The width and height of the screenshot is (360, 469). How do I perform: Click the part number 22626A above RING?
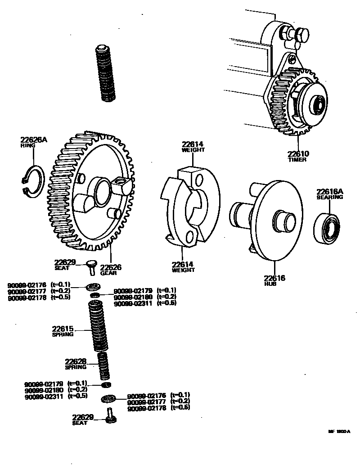coord(33,140)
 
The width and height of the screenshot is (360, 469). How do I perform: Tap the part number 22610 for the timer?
coord(298,154)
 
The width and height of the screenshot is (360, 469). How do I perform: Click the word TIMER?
coord(297,160)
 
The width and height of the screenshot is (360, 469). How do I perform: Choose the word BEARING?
coord(329,197)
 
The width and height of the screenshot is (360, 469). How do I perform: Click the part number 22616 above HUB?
coord(274,278)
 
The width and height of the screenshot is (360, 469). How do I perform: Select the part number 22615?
coord(63,329)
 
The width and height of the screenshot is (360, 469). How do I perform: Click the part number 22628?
coord(76,361)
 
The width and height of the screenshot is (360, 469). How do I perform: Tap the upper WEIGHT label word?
coord(193,150)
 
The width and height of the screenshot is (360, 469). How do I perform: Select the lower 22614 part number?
coord(183,264)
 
